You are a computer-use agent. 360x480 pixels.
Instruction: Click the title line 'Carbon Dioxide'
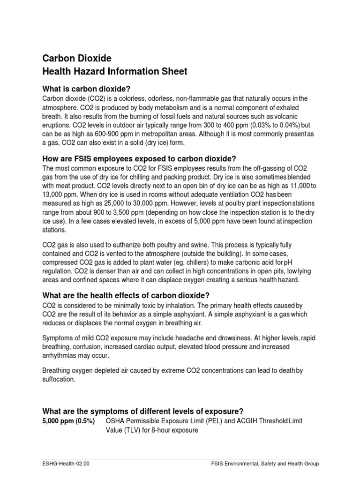click(x=77, y=58)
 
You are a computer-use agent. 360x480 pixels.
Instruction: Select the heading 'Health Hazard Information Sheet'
click(x=115, y=72)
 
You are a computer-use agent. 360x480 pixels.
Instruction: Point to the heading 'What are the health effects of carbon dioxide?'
click(x=126, y=295)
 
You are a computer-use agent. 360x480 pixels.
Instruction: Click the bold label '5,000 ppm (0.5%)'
click(x=68, y=421)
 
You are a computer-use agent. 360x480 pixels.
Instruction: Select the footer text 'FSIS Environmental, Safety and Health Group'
click(x=265, y=464)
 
